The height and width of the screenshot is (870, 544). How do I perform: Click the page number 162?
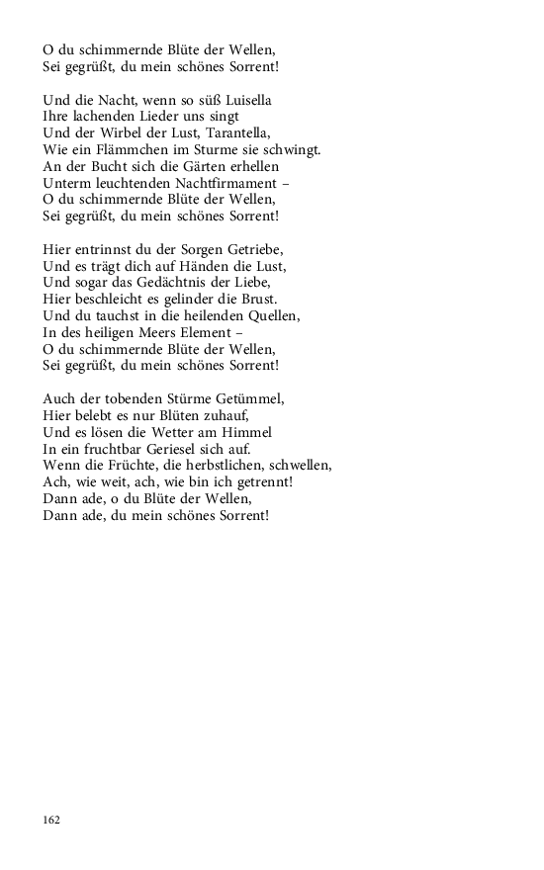coord(51,821)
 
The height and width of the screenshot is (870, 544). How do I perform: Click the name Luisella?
coord(243,100)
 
